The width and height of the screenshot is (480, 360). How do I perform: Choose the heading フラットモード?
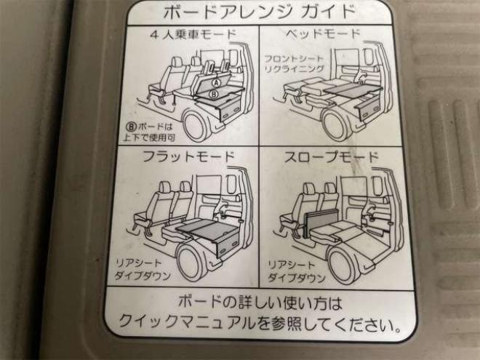(x=188, y=157)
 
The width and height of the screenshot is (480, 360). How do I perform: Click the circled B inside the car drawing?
(x=214, y=94)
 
